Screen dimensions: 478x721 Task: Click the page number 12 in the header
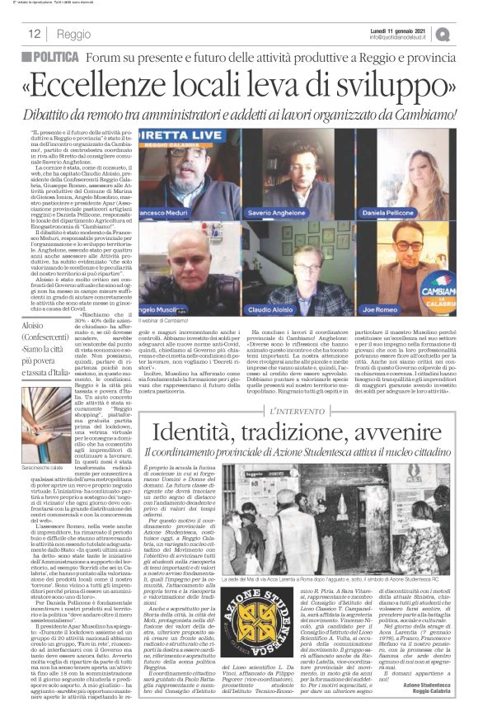34,34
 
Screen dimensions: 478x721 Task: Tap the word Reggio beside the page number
75,35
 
